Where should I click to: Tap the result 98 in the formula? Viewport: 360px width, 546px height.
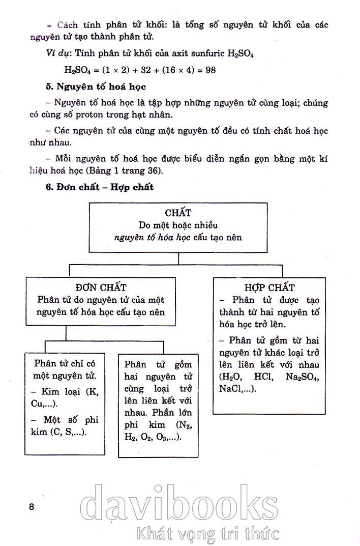pos(207,70)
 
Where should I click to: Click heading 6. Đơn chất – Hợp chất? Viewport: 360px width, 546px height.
pos(100,187)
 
